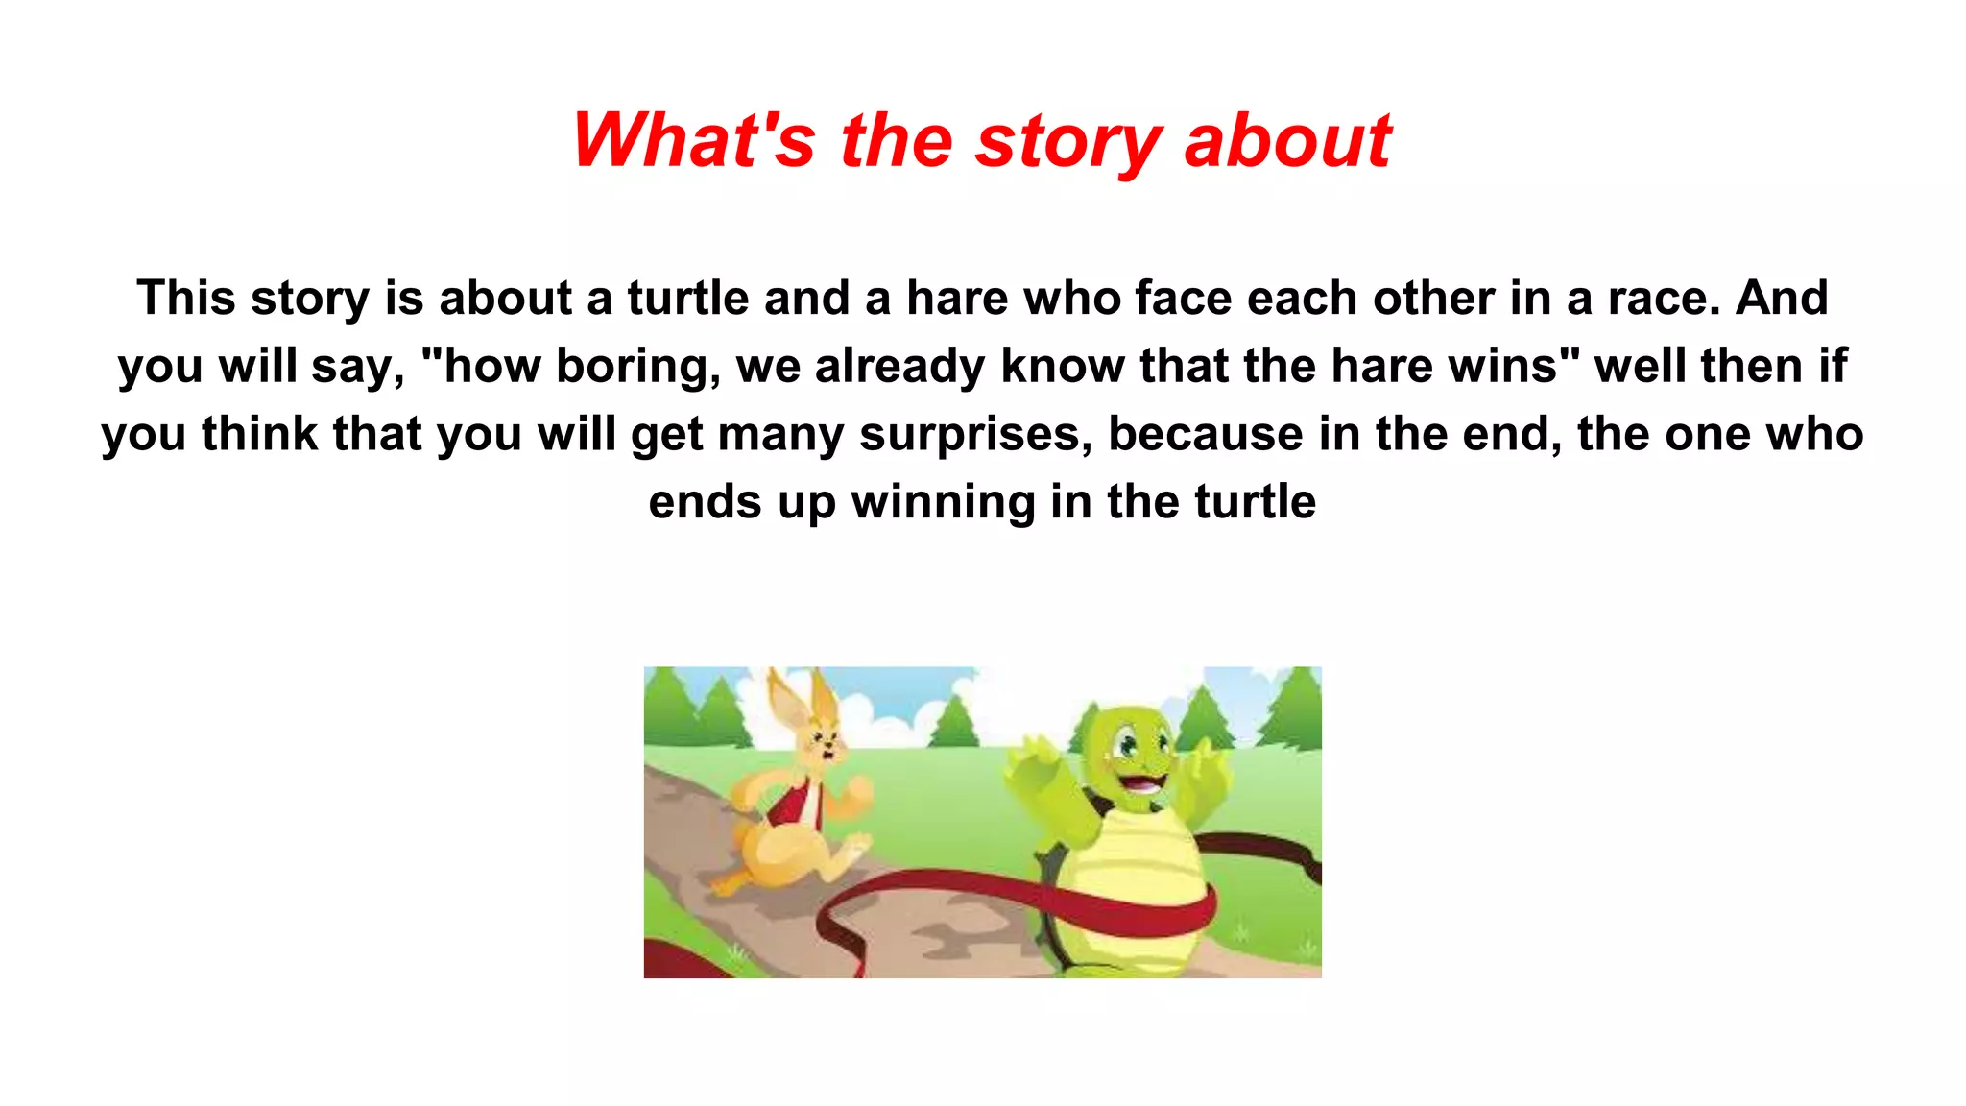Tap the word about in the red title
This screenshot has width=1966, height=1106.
pos(1287,141)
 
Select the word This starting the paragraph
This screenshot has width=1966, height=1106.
pos(186,298)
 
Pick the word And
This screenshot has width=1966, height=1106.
pos(1782,298)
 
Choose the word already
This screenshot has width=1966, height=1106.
pos(899,366)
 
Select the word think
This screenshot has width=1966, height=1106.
pos(260,434)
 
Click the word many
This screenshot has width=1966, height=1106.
pos(780,434)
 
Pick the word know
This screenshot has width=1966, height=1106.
pos(1063,366)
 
